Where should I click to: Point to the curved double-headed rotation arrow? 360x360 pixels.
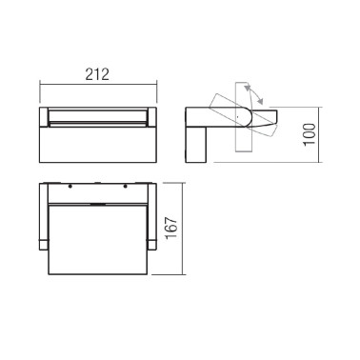[254, 96]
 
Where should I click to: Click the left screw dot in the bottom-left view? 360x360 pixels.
[70, 186]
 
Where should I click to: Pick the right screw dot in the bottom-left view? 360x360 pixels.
[122, 186]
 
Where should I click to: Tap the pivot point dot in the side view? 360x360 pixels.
[236, 115]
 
